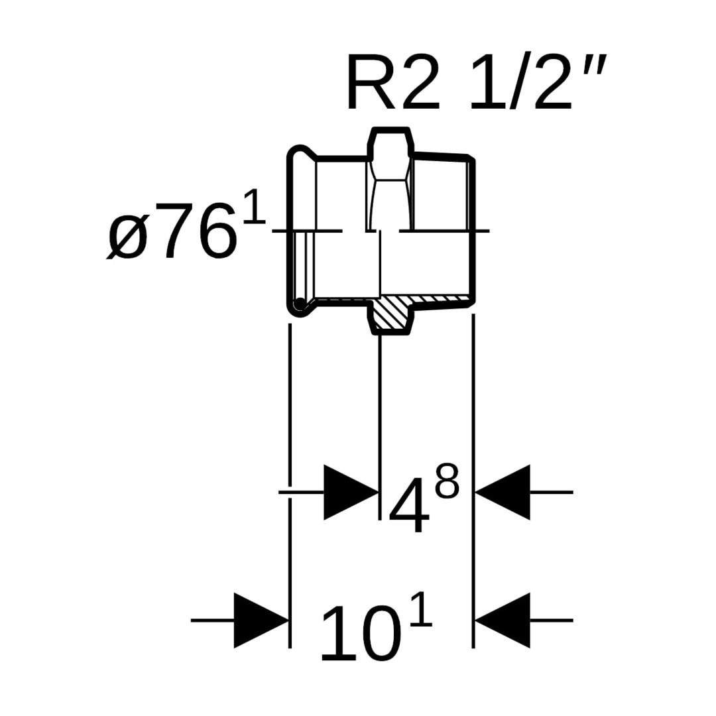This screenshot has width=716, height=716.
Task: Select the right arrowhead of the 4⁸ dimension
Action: point(503,492)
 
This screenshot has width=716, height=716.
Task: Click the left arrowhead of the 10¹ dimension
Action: point(261,620)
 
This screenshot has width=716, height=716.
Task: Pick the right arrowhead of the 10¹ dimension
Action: point(503,620)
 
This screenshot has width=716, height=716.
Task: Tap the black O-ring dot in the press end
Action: point(300,304)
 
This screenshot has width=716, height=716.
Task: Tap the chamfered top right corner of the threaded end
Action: point(470,158)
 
